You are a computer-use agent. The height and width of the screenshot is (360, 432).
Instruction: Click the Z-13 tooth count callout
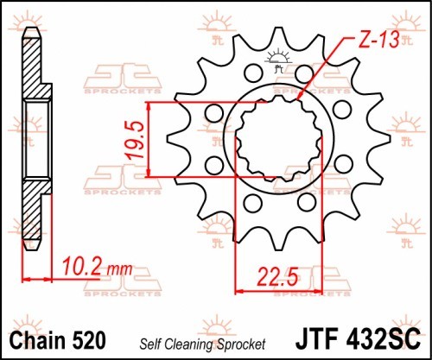tap(379, 40)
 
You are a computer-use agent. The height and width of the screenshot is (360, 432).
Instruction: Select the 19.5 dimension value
tap(135, 140)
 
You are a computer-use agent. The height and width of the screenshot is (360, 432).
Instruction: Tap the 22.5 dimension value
tap(277, 277)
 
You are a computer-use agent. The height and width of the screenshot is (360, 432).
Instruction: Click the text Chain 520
tap(58, 341)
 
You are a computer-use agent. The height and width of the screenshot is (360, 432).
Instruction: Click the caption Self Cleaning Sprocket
tap(202, 344)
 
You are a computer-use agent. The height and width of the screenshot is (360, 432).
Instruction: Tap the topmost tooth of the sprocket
tap(277, 36)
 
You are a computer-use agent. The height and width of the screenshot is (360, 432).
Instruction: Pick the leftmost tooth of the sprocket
tap(175, 140)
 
